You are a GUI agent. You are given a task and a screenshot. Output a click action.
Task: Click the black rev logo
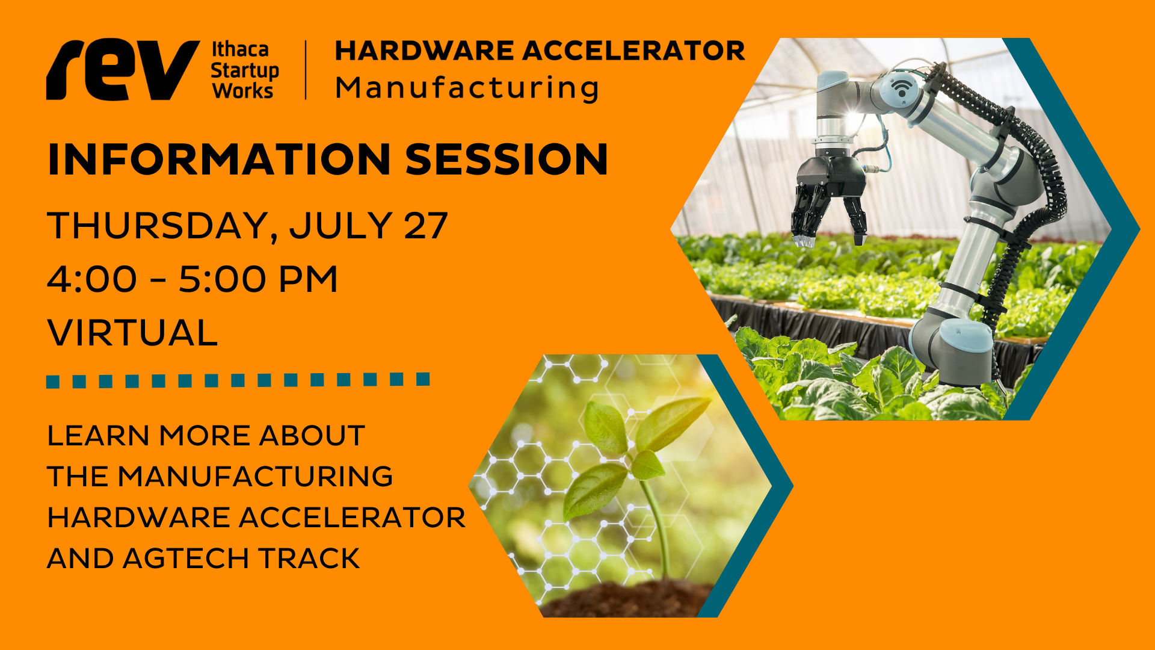(123, 70)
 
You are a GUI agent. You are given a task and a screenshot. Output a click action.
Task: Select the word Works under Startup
(242, 90)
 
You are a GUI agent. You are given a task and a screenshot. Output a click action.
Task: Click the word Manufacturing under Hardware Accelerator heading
(467, 88)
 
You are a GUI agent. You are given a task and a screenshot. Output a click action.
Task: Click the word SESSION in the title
(507, 159)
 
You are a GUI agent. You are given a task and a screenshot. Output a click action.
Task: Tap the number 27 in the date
(426, 226)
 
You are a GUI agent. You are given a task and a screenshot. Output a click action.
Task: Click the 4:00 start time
(92, 279)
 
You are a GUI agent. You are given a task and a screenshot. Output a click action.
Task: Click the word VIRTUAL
(132, 333)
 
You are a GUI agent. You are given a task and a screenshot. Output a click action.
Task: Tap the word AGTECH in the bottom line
(185, 559)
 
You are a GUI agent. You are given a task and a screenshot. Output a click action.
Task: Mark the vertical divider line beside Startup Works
(306, 70)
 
